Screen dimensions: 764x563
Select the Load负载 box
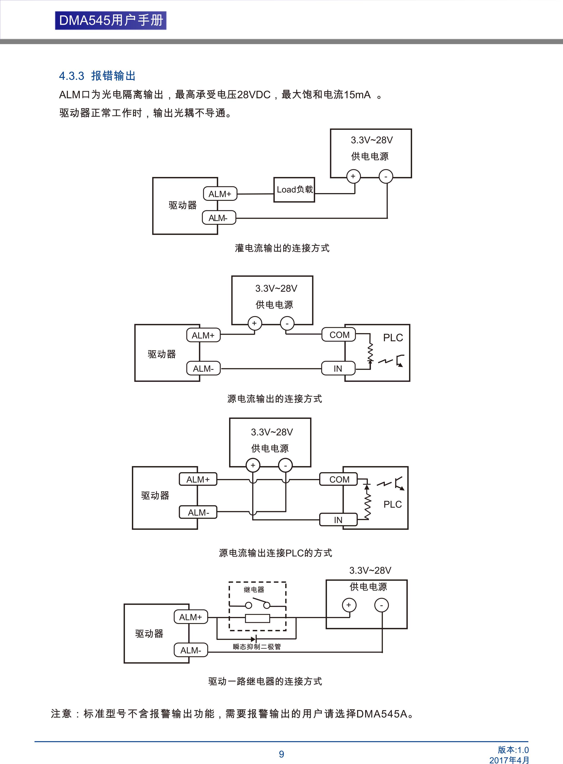click(294, 190)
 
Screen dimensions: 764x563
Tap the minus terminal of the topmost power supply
click(385, 177)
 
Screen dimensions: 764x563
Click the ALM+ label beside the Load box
click(220, 194)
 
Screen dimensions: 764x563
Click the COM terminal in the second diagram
click(339, 335)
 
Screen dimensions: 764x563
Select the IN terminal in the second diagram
click(338, 368)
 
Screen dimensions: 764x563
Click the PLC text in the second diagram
click(393, 338)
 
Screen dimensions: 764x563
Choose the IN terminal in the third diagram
click(338, 520)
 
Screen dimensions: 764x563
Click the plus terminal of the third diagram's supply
click(253, 465)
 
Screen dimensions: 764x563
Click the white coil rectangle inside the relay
click(257, 619)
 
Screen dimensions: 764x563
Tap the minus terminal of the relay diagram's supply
click(381, 605)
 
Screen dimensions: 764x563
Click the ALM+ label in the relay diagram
click(190, 617)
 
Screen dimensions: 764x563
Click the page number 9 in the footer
click(281, 754)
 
